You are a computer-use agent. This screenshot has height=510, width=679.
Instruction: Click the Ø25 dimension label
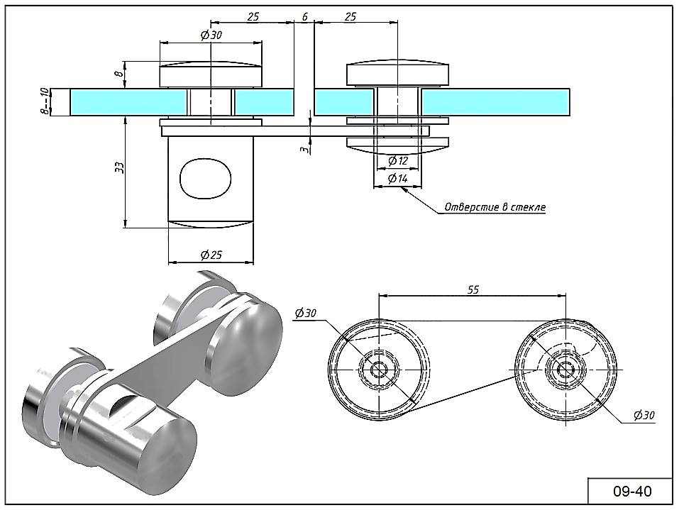point(211,254)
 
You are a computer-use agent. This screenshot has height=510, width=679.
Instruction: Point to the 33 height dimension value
point(120,168)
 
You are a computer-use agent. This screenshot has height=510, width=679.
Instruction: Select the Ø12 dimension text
point(398,160)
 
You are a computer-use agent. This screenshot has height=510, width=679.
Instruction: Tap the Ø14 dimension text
point(398,178)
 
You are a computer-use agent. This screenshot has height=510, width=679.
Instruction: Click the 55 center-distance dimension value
point(473,289)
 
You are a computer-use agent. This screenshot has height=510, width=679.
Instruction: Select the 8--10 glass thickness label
point(45,101)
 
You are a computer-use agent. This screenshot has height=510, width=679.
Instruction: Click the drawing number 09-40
point(631,490)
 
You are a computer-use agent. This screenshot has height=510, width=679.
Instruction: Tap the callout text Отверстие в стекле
point(495,207)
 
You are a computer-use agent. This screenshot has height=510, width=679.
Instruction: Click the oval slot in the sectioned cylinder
point(206,177)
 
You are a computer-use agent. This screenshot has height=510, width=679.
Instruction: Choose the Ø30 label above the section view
point(211,35)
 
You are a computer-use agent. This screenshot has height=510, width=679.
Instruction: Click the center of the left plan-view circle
point(379,369)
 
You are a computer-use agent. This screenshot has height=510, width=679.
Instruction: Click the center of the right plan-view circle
point(566,369)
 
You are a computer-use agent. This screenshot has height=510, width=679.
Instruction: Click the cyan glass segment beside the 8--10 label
point(128,101)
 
